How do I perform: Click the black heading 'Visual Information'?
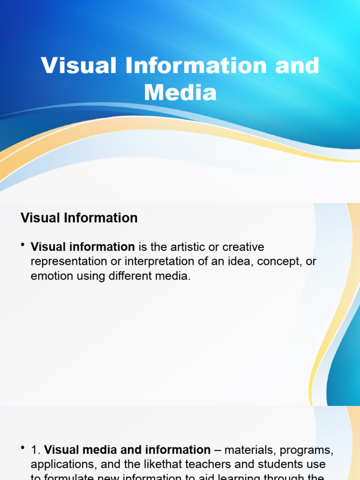tap(79, 218)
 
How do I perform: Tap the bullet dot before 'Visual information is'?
tap(23, 246)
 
